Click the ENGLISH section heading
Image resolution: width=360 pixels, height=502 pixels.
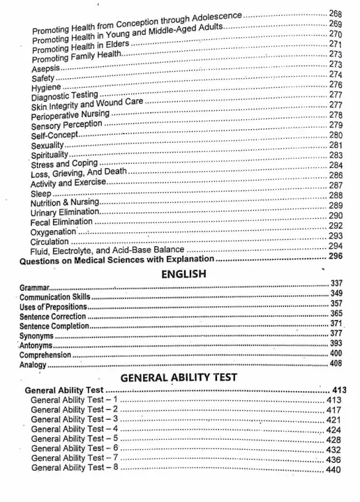[183, 274]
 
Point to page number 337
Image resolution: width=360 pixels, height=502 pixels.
[335, 284]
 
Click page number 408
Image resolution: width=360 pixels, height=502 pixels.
[335, 364]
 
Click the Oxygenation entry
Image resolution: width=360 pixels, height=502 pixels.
[54, 231]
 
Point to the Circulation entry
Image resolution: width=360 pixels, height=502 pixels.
[51, 241]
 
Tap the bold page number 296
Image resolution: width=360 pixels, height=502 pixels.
[336, 257]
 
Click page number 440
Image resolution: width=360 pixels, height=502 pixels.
[333, 470]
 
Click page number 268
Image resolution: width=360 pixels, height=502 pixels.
[336, 14]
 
